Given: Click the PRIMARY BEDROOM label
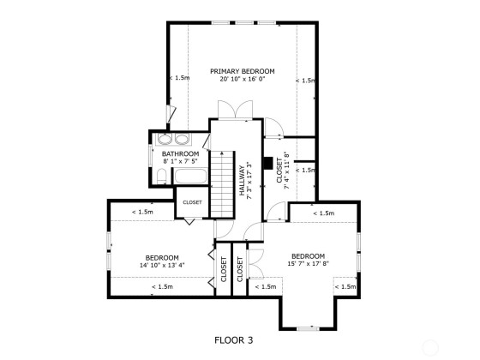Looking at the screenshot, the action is (x=242, y=71).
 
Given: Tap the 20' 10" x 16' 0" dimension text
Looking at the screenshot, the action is (x=242, y=79).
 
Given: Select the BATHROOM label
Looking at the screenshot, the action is (x=180, y=153).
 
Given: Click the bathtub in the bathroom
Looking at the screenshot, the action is (x=190, y=176).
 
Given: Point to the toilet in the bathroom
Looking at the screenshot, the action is (x=161, y=177).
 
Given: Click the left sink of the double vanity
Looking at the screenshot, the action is (x=165, y=139).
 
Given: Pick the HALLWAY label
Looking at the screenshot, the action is (x=242, y=181).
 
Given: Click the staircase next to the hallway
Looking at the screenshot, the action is (x=222, y=184).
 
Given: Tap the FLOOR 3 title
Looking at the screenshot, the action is (x=233, y=340).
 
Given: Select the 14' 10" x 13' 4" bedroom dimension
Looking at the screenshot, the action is (x=162, y=266).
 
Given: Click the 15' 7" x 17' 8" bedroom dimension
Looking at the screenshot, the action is (x=309, y=264).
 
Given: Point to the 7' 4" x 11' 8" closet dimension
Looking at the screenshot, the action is (x=287, y=171).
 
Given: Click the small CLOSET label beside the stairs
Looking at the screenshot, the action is (x=192, y=202).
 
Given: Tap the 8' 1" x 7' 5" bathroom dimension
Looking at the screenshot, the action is (x=180, y=161).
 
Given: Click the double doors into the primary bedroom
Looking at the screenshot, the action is (x=235, y=110).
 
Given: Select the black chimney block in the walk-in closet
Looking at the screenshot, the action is (x=268, y=164).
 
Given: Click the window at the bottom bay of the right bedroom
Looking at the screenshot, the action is (x=308, y=329).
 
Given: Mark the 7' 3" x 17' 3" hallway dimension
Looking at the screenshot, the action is (x=249, y=181).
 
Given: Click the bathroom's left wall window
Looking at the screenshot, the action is (x=151, y=156).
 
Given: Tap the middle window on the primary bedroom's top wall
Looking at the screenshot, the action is (x=244, y=22).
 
